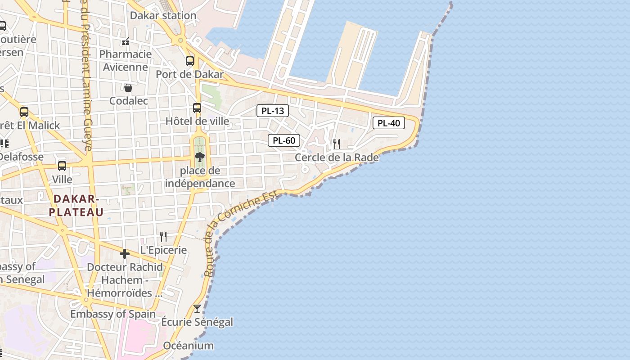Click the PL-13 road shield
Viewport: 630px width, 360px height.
(x=273, y=111)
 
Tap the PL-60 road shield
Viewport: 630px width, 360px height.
(x=284, y=140)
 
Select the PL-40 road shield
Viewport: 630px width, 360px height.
(x=389, y=123)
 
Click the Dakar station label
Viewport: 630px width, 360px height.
(x=163, y=16)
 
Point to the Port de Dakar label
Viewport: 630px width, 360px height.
(x=189, y=74)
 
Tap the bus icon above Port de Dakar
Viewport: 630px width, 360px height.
(x=190, y=61)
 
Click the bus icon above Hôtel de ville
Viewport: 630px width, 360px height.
(x=197, y=108)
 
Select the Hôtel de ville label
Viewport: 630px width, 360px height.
(x=197, y=121)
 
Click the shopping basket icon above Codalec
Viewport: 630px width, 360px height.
(x=128, y=88)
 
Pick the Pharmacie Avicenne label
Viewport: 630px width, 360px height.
(x=126, y=61)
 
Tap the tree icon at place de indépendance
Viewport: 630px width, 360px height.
(x=200, y=157)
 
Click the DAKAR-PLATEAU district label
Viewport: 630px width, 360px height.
(x=76, y=205)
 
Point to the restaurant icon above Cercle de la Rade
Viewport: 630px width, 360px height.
(x=337, y=144)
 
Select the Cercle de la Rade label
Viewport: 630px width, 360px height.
(x=337, y=157)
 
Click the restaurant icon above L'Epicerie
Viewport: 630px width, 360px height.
(x=163, y=237)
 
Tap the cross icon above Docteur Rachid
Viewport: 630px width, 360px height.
(x=125, y=254)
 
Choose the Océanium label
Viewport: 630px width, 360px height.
(x=188, y=346)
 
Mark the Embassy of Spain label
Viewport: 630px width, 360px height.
(x=113, y=314)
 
